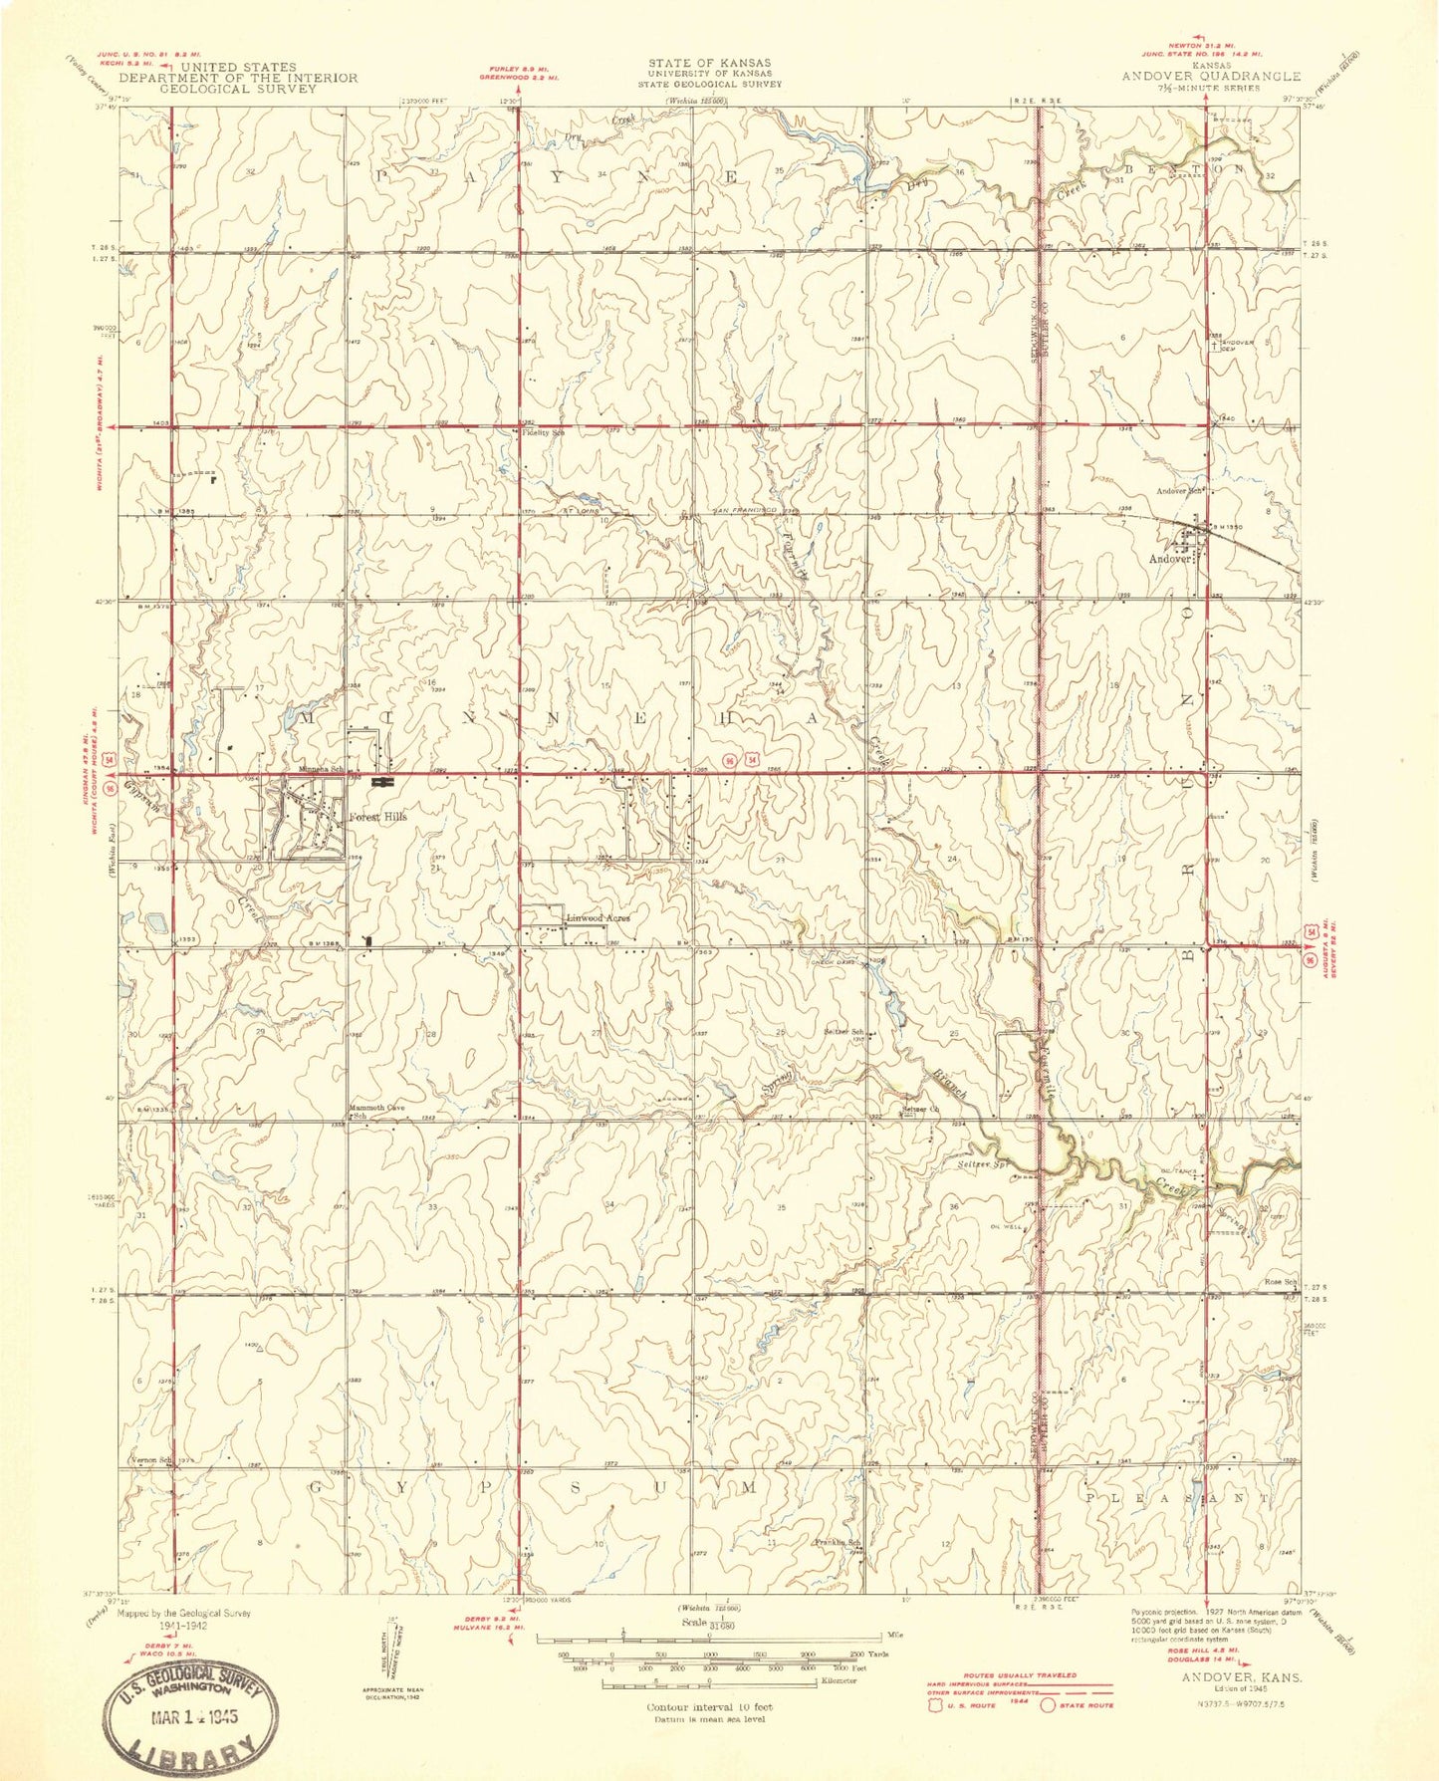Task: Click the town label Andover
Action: [x=1171, y=559]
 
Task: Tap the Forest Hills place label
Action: [x=377, y=817]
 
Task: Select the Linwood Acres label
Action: [x=599, y=917]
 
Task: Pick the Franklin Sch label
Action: [x=837, y=1543]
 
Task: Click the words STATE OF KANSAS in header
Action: [x=708, y=62]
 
